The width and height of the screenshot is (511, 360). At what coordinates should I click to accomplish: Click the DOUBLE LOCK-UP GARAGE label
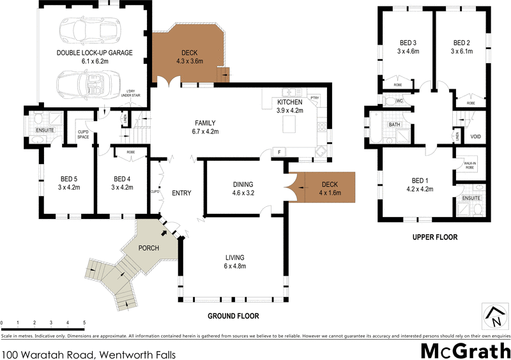(x=95, y=53)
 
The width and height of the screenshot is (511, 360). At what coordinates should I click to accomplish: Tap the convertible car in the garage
(x=83, y=84)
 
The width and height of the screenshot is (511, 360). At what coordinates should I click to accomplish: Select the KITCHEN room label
(x=289, y=102)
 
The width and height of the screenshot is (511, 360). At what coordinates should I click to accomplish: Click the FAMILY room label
(x=205, y=123)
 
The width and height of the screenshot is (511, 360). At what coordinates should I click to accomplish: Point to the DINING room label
(x=245, y=184)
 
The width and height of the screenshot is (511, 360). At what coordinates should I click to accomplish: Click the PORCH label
(x=148, y=248)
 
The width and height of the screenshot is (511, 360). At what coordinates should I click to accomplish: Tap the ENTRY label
(x=181, y=193)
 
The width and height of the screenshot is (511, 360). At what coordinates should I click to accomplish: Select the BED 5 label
(x=69, y=179)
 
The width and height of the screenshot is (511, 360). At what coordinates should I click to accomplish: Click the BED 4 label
(x=121, y=179)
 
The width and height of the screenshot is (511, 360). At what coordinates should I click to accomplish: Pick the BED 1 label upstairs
(x=420, y=180)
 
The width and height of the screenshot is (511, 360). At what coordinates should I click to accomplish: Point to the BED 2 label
(x=461, y=43)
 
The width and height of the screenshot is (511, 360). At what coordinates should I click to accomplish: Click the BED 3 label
(x=408, y=43)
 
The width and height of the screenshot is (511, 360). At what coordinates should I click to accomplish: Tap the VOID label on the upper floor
(x=475, y=137)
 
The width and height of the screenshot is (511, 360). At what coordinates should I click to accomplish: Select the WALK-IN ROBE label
(x=470, y=165)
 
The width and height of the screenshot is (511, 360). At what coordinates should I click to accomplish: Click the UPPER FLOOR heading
(x=436, y=237)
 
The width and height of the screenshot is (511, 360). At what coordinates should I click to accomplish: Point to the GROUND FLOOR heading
(x=233, y=315)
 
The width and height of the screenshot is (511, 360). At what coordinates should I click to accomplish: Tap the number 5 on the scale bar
(x=84, y=323)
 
